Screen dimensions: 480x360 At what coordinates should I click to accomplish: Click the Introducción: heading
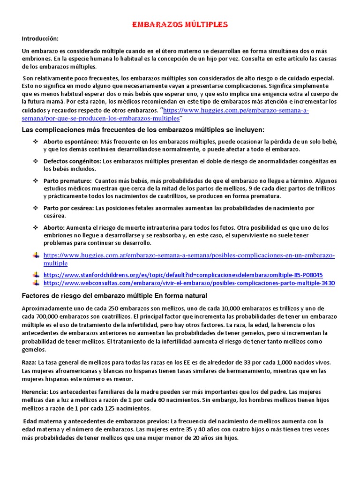click(x=40, y=38)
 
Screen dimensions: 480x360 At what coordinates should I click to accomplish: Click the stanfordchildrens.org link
click(x=183, y=275)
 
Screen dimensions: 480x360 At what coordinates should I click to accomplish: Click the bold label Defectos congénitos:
click(x=72, y=161)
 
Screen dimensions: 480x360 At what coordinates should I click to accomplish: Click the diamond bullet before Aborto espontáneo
click(x=36, y=141)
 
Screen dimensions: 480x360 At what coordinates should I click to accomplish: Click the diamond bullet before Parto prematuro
click(x=36, y=180)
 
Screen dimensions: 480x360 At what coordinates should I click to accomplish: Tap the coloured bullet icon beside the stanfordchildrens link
click(x=36, y=275)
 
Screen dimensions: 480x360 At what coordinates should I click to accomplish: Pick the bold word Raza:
click(x=29, y=362)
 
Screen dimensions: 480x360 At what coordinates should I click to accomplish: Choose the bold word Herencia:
click(x=34, y=391)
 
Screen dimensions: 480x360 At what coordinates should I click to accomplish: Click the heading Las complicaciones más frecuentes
click(x=143, y=129)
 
